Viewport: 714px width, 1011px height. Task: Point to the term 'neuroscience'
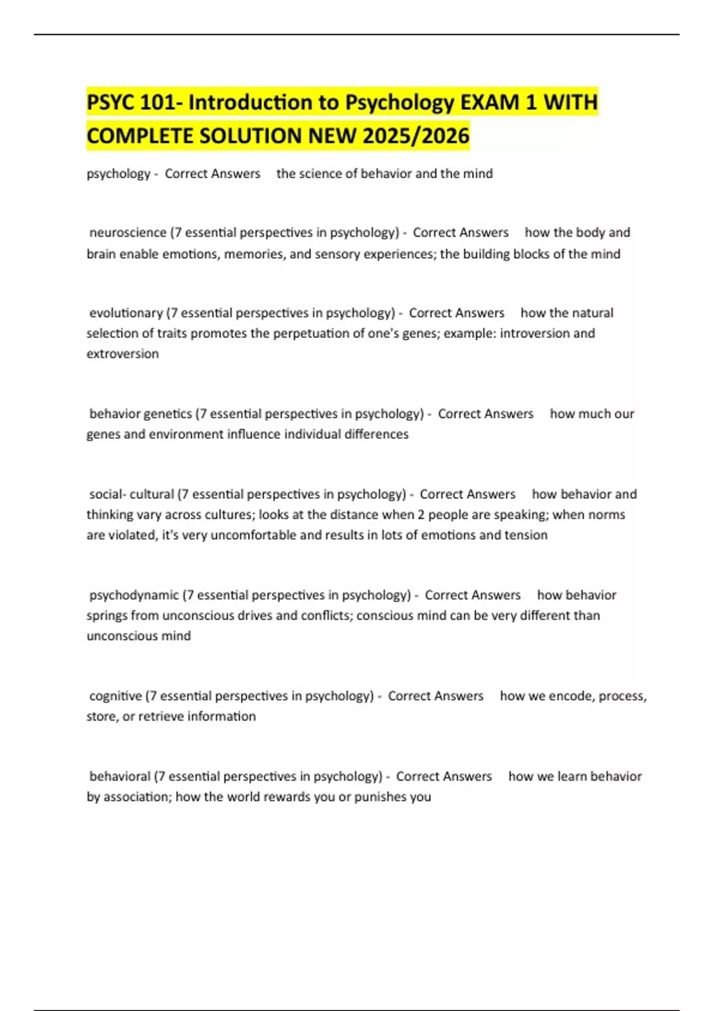pos(128,233)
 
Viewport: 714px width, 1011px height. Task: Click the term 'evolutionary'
pos(126,313)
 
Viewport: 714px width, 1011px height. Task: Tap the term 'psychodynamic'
pos(134,595)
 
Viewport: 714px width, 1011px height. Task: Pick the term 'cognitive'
pos(115,696)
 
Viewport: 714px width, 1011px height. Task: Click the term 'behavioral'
pos(120,777)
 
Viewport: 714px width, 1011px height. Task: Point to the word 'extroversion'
pos(123,354)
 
